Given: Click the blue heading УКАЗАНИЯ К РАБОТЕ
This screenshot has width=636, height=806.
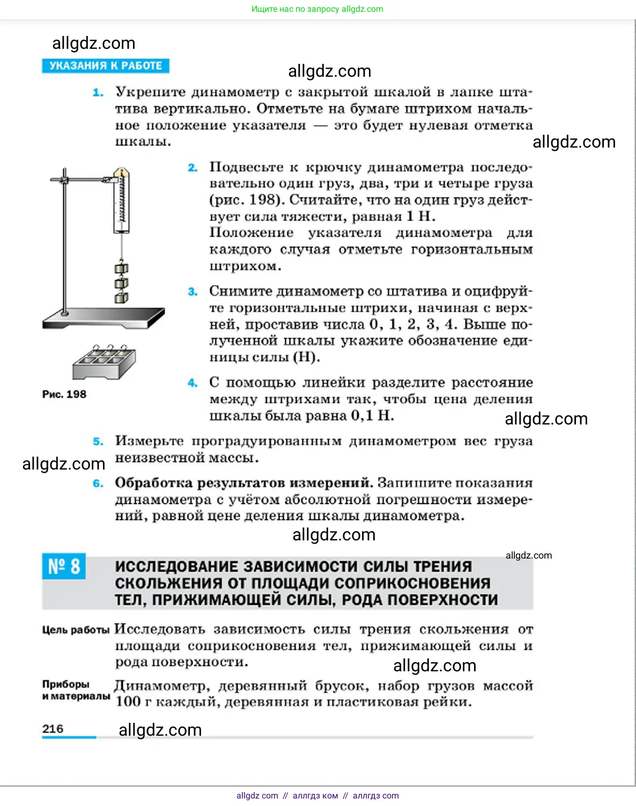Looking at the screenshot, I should click(106, 65).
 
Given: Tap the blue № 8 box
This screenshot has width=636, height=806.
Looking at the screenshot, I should click(64, 567).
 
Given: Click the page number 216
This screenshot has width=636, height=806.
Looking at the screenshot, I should click(53, 729).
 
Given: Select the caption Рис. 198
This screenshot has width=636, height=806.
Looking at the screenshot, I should click(64, 394).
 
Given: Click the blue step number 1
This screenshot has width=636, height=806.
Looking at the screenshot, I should click(98, 92).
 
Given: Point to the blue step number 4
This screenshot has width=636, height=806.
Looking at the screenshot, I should click(193, 383).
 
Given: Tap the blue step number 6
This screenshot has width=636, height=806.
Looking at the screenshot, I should click(98, 483).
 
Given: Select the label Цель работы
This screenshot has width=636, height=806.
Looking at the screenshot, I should click(76, 630).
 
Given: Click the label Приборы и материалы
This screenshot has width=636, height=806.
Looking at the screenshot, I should click(76, 690).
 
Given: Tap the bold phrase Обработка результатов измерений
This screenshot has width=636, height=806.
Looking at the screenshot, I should click(244, 483).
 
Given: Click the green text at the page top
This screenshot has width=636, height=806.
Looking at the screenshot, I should click(317, 9).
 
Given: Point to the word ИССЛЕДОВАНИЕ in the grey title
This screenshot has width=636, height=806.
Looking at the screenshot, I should click(176, 567).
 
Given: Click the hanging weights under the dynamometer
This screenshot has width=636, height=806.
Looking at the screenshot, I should click(122, 282).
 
